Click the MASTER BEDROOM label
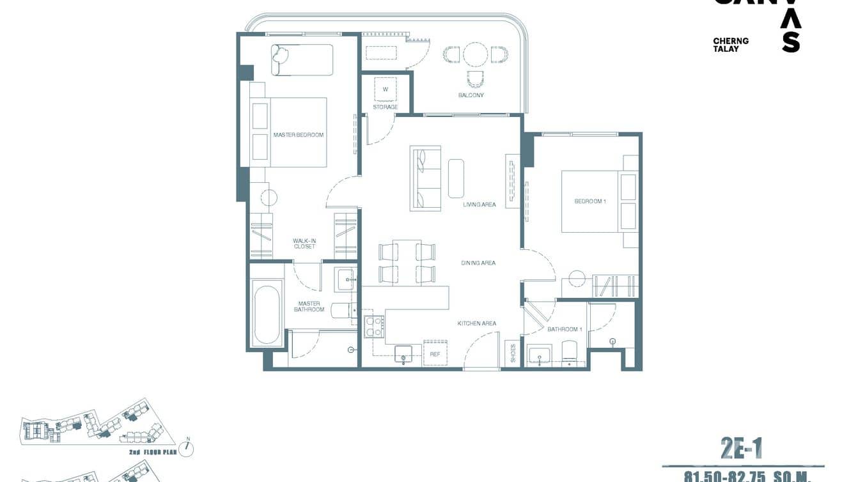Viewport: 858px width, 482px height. tap(298, 135)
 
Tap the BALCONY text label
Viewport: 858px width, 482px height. tap(471, 95)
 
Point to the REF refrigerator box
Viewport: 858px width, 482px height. tap(435, 353)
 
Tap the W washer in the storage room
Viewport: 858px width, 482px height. tap(386, 89)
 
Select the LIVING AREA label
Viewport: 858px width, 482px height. tap(480, 205)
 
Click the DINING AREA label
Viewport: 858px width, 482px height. tap(478, 263)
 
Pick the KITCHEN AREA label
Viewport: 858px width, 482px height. tap(477, 323)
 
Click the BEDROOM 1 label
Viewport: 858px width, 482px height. tap(589, 201)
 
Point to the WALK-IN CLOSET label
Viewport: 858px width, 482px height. tap(304, 244)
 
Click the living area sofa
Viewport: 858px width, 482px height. tap(426, 178)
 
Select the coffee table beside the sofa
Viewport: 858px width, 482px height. tap(456, 178)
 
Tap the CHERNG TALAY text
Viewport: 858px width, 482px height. tap(731, 45)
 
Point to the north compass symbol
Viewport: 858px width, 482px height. tap(187, 448)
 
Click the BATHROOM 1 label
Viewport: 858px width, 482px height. tap(565, 329)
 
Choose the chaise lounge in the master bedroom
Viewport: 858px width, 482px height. tap(302, 59)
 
